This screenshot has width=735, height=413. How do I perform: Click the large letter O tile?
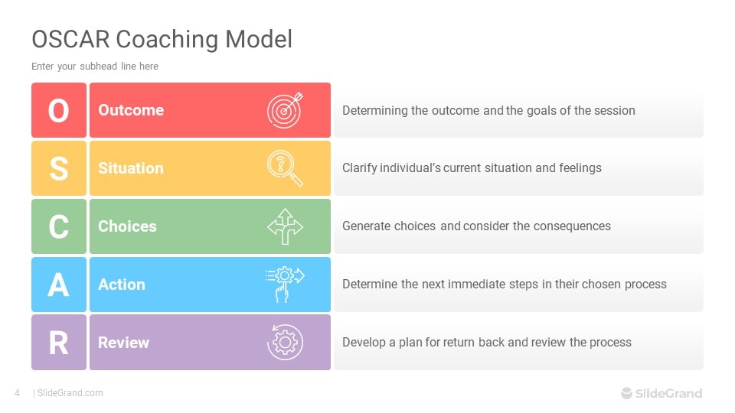(x=59, y=110)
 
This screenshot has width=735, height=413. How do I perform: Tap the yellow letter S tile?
(x=59, y=168)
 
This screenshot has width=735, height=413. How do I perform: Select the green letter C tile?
(x=59, y=226)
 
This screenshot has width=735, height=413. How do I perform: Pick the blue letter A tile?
(x=59, y=285)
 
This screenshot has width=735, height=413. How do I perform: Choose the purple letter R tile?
(x=59, y=343)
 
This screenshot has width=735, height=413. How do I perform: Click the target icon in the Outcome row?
(x=285, y=110)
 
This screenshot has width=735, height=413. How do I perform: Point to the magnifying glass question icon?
(x=285, y=168)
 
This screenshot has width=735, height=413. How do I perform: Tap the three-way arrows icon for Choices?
(x=285, y=226)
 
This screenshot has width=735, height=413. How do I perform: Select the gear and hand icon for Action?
(x=285, y=285)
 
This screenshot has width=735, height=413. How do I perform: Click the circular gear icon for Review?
(x=285, y=343)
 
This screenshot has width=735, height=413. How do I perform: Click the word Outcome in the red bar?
(x=131, y=110)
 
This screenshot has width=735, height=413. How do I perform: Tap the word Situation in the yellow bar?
(x=131, y=168)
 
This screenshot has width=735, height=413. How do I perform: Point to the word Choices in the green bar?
(x=127, y=226)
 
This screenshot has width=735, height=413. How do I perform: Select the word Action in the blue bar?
(x=122, y=285)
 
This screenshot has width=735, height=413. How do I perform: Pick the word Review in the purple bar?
(x=123, y=343)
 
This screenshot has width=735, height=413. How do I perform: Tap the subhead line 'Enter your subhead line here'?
(x=95, y=67)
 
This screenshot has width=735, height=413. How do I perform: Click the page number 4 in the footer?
(x=18, y=393)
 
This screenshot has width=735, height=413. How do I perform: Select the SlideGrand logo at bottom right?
(x=661, y=393)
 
